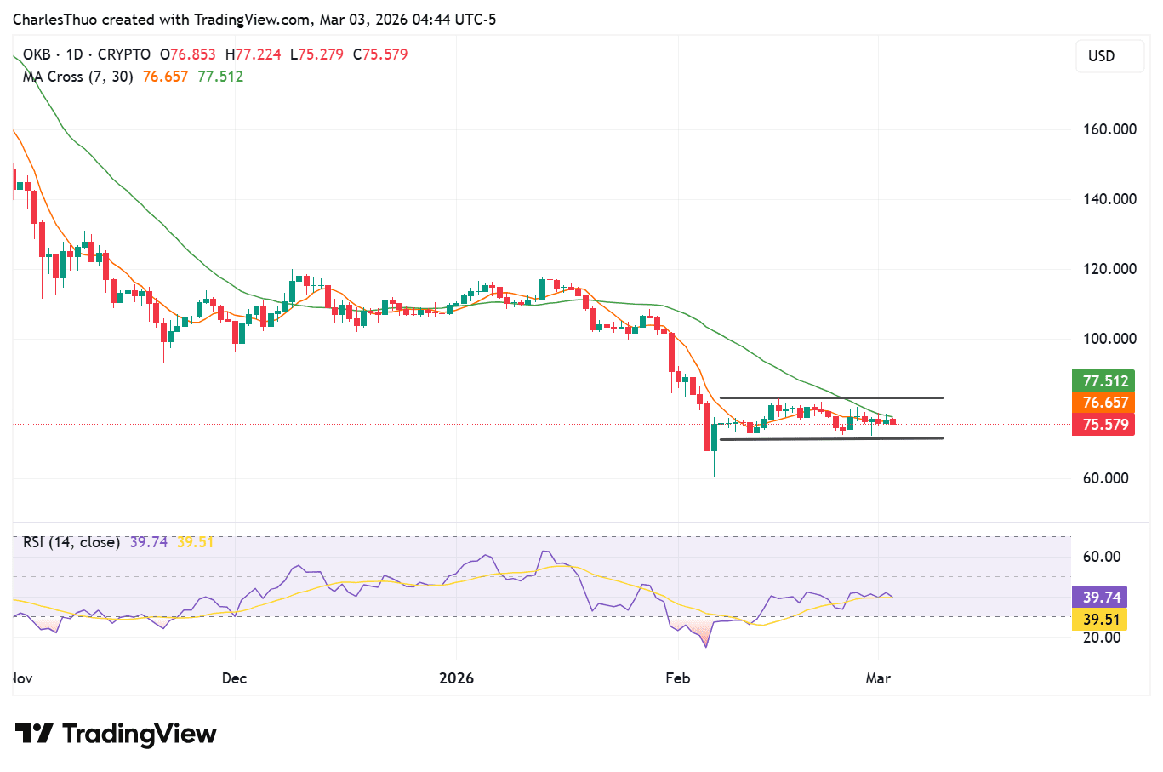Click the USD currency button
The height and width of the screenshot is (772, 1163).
point(1101,56)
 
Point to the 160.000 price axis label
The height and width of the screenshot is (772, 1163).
point(1109,129)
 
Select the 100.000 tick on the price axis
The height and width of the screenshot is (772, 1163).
point(1109,339)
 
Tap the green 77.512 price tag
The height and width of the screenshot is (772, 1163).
point(1104,381)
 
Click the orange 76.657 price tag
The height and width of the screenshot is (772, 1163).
point(1104,403)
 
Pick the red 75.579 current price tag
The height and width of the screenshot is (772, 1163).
point(1104,424)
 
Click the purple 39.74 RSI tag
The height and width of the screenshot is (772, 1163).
point(1101,598)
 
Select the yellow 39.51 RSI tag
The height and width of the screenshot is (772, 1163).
point(1101,619)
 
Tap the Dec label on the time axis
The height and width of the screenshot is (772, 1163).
point(234,678)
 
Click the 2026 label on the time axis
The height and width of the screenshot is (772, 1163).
point(456,678)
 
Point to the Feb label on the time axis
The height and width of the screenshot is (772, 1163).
point(677,678)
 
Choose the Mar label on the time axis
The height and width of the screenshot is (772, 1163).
point(878,678)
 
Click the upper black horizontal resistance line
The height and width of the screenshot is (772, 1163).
point(831,397)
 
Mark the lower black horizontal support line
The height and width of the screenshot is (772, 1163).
point(831,438)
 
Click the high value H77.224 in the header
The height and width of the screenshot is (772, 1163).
point(253,54)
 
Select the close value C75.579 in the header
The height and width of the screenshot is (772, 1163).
point(380,54)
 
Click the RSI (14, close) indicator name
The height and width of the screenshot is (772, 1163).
point(71,542)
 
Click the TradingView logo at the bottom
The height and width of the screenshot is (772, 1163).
point(117,734)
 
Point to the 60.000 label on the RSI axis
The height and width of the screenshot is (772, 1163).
point(1101,557)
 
